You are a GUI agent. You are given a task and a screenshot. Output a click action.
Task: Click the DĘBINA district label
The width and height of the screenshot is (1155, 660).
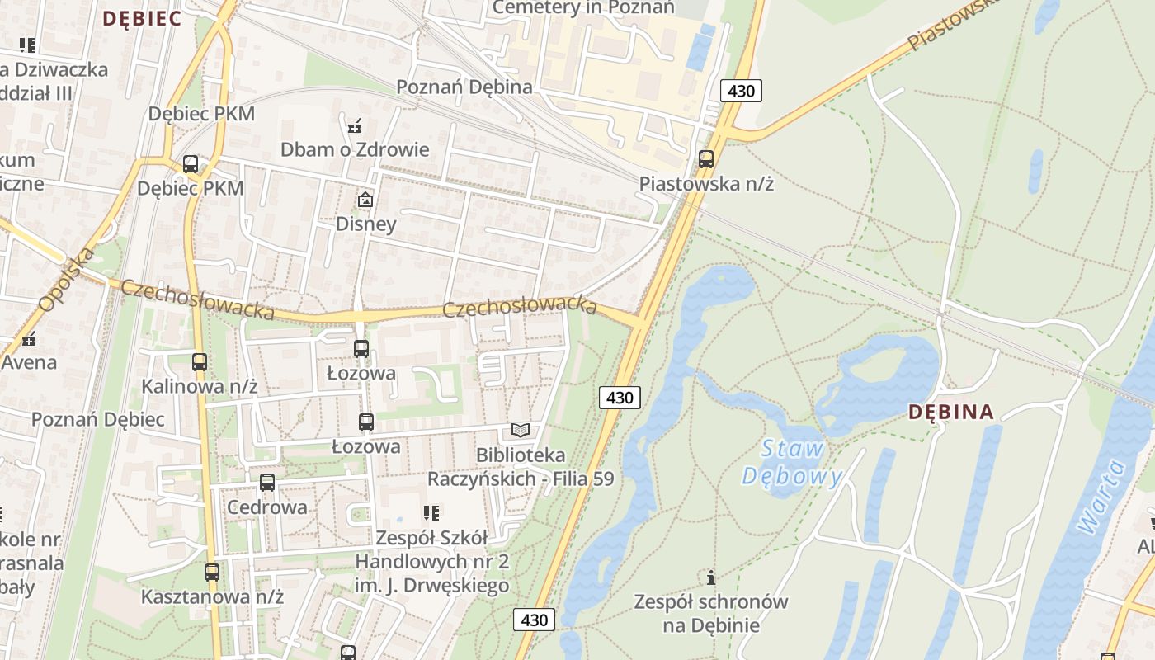[951, 412]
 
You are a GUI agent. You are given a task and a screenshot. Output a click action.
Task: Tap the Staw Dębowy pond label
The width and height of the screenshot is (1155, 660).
[792, 462]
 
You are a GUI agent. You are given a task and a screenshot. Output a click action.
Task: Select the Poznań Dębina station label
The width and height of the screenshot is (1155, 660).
[464, 87]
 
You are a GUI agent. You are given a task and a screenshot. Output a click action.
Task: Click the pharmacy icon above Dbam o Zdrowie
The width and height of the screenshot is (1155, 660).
[355, 126]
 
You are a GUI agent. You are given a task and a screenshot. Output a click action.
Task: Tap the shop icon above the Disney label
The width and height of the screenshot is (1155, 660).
[365, 200]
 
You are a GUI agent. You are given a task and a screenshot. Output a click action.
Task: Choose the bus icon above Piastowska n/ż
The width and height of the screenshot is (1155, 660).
[706, 159]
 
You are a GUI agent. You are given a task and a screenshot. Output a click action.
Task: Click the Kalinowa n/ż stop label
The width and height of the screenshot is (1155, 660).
[200, 386]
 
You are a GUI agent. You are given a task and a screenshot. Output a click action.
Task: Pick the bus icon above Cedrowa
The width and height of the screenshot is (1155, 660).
[266, 483]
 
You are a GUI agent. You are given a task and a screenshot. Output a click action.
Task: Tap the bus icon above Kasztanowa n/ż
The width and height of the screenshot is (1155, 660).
[212, 572]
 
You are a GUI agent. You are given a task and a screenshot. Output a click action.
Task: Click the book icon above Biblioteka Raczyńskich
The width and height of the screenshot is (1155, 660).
[520, 430]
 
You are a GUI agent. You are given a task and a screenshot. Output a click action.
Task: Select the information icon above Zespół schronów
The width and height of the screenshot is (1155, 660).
[710, 577]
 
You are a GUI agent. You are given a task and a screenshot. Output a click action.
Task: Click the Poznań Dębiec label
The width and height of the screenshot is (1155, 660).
[98, 419]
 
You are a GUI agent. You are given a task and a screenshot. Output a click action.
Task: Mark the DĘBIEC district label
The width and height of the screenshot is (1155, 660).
[141, 18]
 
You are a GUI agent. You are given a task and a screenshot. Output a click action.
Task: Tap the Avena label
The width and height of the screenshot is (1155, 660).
[29, 362]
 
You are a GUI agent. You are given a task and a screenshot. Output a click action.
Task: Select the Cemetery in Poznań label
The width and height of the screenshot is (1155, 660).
[583, 7]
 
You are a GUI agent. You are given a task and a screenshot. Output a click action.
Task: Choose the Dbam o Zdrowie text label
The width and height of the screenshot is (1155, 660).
[355, 149]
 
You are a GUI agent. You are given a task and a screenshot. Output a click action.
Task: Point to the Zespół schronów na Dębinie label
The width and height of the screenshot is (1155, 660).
[710, 613]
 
